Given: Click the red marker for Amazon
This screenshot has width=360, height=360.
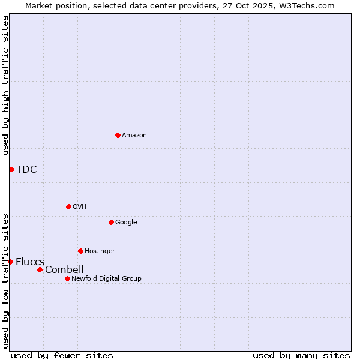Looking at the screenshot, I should (118, 135).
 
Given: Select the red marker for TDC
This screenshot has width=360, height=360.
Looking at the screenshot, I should (11, 169).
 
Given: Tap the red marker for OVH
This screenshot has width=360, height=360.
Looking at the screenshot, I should (68, 206).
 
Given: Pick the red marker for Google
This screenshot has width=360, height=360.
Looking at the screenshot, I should (111, 222).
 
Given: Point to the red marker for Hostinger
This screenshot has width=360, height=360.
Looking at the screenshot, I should (80, 251).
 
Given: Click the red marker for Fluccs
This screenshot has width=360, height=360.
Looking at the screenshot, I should (10, 262).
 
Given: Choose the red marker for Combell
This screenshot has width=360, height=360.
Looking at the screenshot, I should (40, 269).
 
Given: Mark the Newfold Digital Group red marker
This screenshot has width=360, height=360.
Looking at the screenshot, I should (67, 278).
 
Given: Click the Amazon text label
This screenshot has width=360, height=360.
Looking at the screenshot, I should (134, 135).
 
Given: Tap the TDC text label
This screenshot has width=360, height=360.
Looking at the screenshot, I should (27, 169).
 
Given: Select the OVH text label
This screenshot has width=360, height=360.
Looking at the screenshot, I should (80, 206).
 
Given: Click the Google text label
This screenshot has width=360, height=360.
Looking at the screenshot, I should (126, 222).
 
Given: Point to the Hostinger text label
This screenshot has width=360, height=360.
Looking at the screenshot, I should (100, 251).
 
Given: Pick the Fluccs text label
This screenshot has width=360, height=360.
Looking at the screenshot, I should (30, 262).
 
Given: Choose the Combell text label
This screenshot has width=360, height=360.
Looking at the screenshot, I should (64, 269).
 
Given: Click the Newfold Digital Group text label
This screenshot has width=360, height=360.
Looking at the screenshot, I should (106, 278).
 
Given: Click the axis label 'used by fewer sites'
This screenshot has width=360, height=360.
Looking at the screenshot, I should (62, 355).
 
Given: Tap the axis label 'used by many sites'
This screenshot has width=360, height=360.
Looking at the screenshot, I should (301, 355).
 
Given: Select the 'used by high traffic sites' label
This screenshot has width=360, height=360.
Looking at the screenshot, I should (5, 85).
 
